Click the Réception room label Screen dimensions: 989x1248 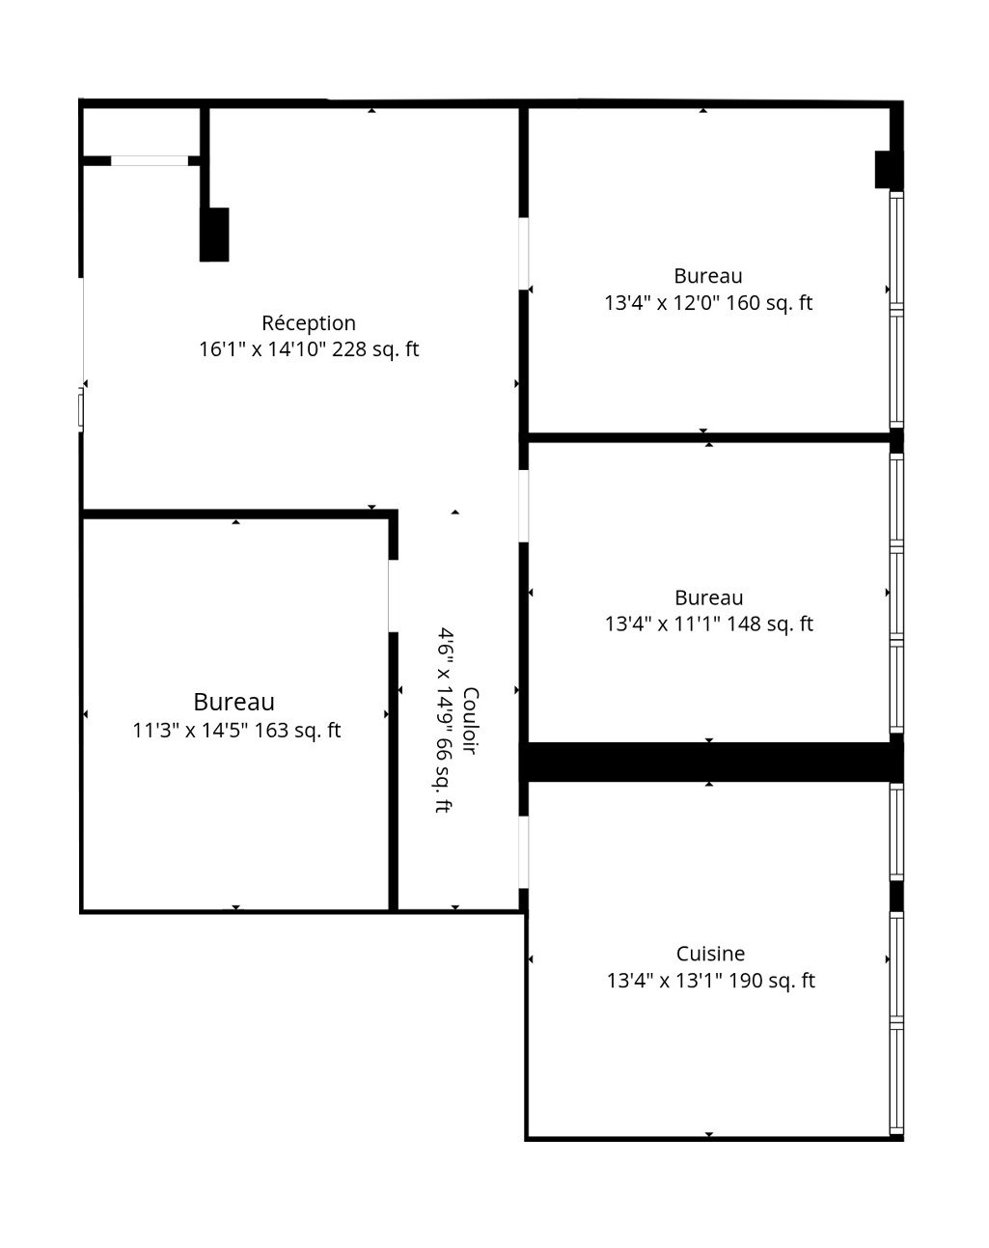309,323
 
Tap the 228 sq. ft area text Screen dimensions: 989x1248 375,349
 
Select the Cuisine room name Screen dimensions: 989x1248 710,954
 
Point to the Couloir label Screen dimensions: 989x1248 471,721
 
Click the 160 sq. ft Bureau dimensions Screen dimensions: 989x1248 708,303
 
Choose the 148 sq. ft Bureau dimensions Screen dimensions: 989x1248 709,624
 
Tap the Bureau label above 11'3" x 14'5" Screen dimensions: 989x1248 234,702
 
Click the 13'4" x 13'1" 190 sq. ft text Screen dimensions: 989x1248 711,981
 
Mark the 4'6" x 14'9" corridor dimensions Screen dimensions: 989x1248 445,720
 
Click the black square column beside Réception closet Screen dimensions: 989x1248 214,235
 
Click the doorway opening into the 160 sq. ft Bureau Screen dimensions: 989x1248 524,254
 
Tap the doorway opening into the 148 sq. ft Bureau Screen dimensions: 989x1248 524,506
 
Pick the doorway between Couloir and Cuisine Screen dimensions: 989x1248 524,852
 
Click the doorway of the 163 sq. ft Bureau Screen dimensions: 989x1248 393,596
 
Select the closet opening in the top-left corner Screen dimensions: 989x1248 150,160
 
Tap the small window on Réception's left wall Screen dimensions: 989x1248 81,409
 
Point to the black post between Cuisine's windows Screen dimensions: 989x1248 896,896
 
